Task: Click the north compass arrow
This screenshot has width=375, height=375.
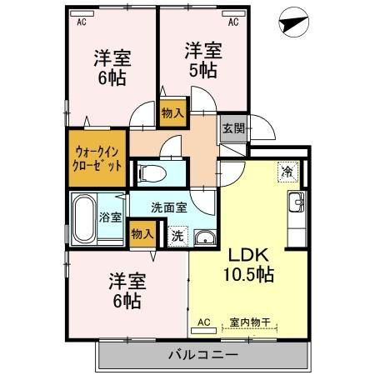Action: point(292,24)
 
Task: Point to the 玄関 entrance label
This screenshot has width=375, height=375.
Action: point(232,128)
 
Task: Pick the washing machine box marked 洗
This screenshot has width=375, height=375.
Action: point(177,236)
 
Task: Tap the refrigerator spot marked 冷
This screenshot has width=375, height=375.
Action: point(287,172)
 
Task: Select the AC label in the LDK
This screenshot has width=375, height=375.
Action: point(202,322)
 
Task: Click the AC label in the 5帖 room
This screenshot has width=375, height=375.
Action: point(234,22)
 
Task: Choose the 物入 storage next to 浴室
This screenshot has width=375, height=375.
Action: point(142,234)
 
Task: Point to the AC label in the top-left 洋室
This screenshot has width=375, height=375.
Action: point(82,22)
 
